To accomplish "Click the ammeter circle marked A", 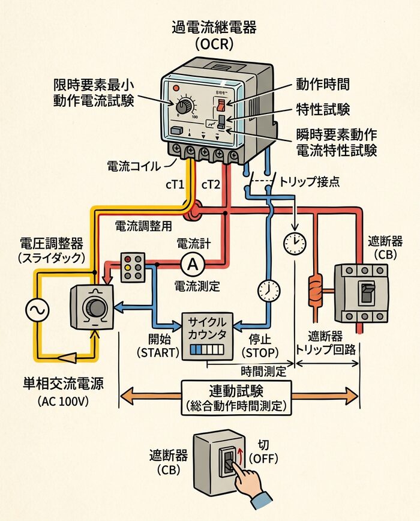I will [x=192, y=263].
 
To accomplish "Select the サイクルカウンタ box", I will [x=208, y=336].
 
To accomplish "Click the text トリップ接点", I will [x=310, y=181].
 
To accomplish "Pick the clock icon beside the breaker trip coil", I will [x=294, y=242].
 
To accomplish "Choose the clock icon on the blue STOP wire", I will [x=269, y=290].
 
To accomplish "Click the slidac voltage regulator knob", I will [x=95, y=308].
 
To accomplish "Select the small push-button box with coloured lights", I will [x=132, y=266].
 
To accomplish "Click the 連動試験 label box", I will [x=236, y=397].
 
